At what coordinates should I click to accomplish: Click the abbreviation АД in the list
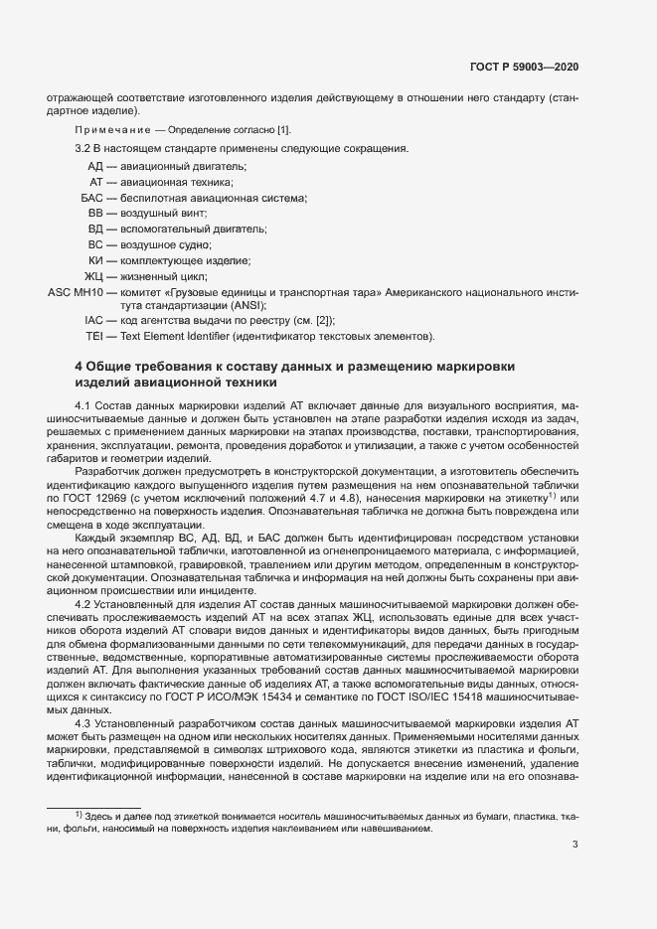pos(95,166)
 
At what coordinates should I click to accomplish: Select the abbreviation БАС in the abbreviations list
pos(92,198)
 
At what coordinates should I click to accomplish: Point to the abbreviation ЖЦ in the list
pos(93,275)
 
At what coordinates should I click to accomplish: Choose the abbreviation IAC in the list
pos(94,320)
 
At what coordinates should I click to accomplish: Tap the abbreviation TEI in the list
pos(94,336)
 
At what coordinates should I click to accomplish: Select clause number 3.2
pos(83,148)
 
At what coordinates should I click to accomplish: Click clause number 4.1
pos(83,405)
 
